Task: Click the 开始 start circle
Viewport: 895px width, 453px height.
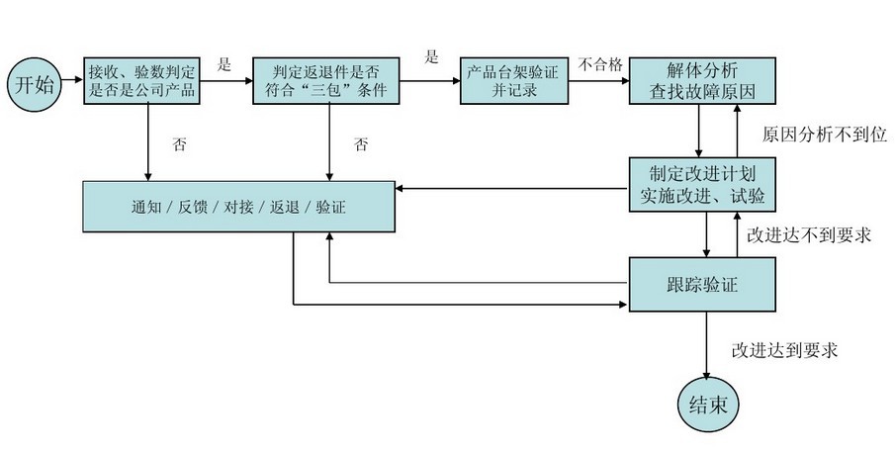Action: click(33, 84)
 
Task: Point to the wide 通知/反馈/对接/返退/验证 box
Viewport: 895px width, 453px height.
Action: click(238, 207)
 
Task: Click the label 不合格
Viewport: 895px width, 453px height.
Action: click(600, 65)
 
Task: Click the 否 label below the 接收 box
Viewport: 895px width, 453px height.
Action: click(179, 144)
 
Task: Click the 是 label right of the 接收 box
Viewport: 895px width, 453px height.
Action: click(224, 65)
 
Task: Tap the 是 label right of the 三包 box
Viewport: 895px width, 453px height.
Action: click(431, 56)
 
